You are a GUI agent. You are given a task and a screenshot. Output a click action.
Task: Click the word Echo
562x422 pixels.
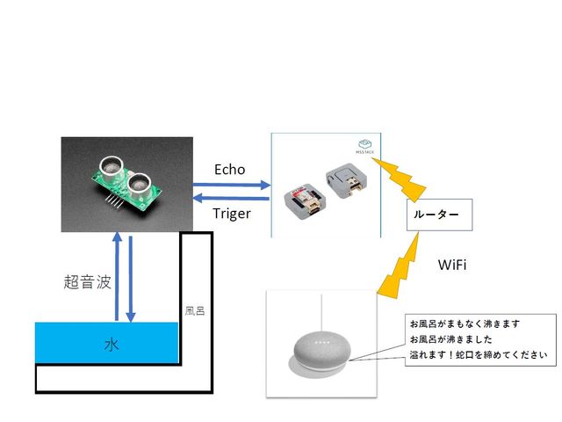click(x=229, y=170)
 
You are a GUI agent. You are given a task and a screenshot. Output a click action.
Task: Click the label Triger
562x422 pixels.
click(x=231, y=214)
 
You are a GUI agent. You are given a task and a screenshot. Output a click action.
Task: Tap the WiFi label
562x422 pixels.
click(x=450, y=264)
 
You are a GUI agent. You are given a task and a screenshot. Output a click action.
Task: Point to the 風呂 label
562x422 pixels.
click(x=195, y=311)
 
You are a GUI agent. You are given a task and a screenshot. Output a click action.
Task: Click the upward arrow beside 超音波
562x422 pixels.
click(x=117, y=276)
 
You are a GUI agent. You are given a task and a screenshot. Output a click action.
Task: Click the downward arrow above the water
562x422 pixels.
click(x=131, y=276)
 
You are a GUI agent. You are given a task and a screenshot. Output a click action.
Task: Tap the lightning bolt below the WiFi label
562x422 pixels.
click(x=400, y=267)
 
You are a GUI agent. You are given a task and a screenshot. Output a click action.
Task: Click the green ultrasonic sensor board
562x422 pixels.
click(x=124, y=186)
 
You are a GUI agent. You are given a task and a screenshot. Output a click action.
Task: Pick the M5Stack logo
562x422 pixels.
click(x=365, y=146)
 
